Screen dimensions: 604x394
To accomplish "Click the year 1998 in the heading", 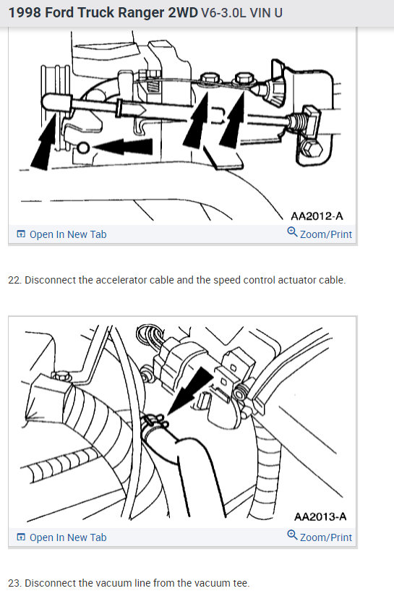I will (x=27, y=13).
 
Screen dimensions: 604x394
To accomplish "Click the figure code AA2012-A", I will (x=317, y=216).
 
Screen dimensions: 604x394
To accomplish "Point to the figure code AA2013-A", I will (x=320, y=516).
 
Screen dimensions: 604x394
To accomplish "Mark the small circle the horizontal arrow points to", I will (x=84, y=148).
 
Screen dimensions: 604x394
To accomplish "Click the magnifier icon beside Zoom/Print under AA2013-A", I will (x=292, y=536).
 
